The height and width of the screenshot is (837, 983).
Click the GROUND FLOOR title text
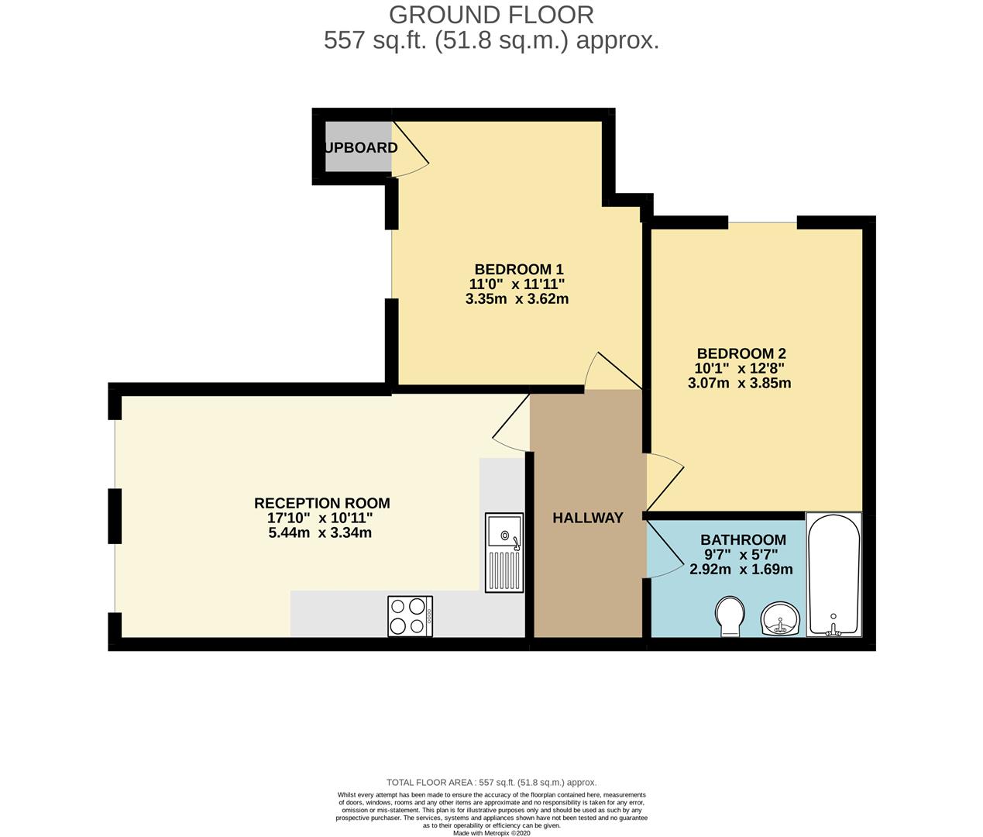click(491, 15)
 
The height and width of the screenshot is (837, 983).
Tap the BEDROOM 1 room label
click(518, 269)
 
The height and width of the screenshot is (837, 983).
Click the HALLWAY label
click(587, 518)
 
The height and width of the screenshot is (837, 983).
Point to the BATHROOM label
click(742, 539)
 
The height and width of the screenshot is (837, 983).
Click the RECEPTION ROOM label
click(321, 503)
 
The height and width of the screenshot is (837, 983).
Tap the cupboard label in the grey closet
click(360, 147)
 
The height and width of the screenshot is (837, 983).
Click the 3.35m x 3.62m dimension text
click(517, 299)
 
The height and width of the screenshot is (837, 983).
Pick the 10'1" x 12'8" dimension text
click(740, 368)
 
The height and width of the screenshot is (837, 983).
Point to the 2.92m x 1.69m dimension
click(741, 570)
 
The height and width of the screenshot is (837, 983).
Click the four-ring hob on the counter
click(410, 616)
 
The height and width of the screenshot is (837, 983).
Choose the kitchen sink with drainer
click(504, 552)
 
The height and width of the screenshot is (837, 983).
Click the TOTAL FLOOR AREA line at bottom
click(491, 783)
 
